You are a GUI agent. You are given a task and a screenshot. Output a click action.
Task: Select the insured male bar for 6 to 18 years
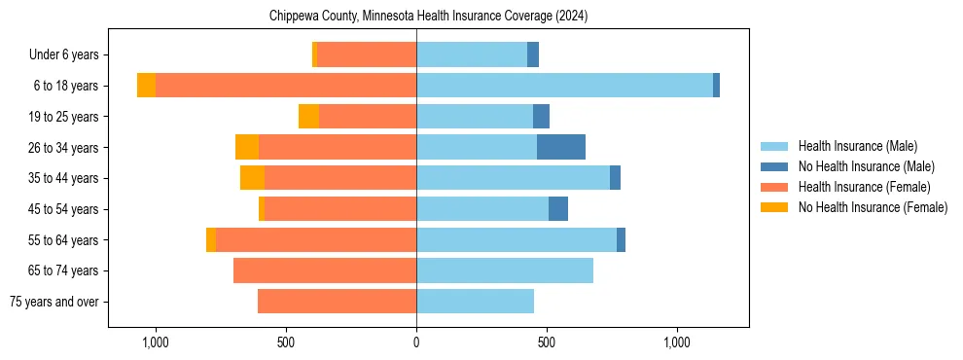point(564,86)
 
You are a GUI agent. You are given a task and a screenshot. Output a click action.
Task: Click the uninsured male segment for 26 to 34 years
point(561,147)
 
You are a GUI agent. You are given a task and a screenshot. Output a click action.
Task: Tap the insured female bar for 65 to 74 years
point(325,270)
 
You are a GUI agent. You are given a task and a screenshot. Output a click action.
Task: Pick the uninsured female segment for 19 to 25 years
point(308,117)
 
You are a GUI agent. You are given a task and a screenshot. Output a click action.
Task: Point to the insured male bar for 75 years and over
point(475,302)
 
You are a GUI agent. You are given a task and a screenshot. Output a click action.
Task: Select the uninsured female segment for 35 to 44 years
point(252,178)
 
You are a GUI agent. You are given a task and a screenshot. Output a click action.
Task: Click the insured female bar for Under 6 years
point(367,54)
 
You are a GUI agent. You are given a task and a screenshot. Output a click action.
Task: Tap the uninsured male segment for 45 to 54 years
point(558,209)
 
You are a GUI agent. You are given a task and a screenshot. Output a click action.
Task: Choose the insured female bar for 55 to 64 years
point(316,239)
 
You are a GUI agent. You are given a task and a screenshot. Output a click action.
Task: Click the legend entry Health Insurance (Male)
point(857,146)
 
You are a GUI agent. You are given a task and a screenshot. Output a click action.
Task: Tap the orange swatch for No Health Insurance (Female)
point(774,207)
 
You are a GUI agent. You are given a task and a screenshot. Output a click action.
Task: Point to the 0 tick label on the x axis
point(416,342)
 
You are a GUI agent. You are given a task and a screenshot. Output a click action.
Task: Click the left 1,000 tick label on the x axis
point(156,342)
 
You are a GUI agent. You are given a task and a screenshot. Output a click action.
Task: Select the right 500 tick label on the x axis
point(547,342)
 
